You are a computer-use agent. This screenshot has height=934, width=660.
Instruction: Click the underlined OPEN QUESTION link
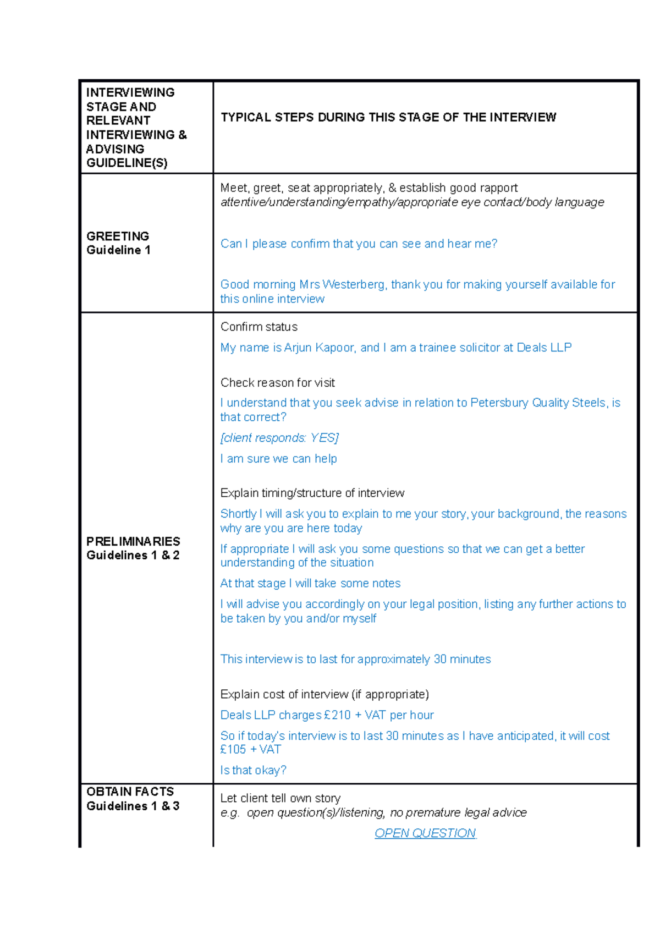(x=425, y=833)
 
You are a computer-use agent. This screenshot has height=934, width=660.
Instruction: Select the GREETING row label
(x=118, y=236)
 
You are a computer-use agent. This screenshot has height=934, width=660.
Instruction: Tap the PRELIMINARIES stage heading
(x=133, y=541)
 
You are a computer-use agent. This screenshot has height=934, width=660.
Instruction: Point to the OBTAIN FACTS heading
(x=130, y=792)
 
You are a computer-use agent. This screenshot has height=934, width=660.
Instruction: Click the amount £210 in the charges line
(x=337, y=715)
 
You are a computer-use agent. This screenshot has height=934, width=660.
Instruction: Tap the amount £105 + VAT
(x=251, y=749)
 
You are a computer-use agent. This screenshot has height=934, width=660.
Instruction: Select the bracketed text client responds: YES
(x=279, y=438)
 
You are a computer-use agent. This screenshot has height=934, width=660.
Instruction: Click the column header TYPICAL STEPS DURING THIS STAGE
(x=388, y=117)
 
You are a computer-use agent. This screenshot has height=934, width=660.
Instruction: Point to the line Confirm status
(x=259, y=327)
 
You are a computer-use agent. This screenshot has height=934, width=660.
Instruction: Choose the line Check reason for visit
(x=277, y=383)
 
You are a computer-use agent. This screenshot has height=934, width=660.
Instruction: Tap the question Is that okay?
(x=253, y=770)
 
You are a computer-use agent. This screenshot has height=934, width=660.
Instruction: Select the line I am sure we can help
(x=278, y=459)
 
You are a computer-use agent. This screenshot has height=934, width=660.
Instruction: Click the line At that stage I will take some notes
(x=310, y=583)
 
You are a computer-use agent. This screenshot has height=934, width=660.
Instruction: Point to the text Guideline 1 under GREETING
(x=118, y=250)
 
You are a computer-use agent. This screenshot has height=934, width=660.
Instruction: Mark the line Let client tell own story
(x=280, y=798)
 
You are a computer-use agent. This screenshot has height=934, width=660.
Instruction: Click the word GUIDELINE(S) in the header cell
(x=127, y=163)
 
